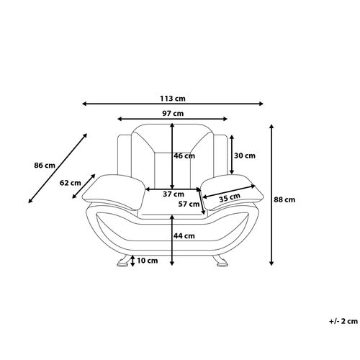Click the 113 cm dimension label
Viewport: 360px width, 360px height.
173,99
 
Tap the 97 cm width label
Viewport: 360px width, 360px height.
173,113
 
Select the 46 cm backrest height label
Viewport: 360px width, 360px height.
184,156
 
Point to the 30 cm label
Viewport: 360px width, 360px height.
245,156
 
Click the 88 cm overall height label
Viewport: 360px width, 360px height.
284,199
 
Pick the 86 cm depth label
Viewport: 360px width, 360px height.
45,166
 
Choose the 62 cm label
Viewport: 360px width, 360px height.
71,183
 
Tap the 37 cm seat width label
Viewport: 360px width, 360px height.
174,194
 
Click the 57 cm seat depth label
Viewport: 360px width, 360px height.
189,204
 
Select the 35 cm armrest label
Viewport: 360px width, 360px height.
230,197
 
